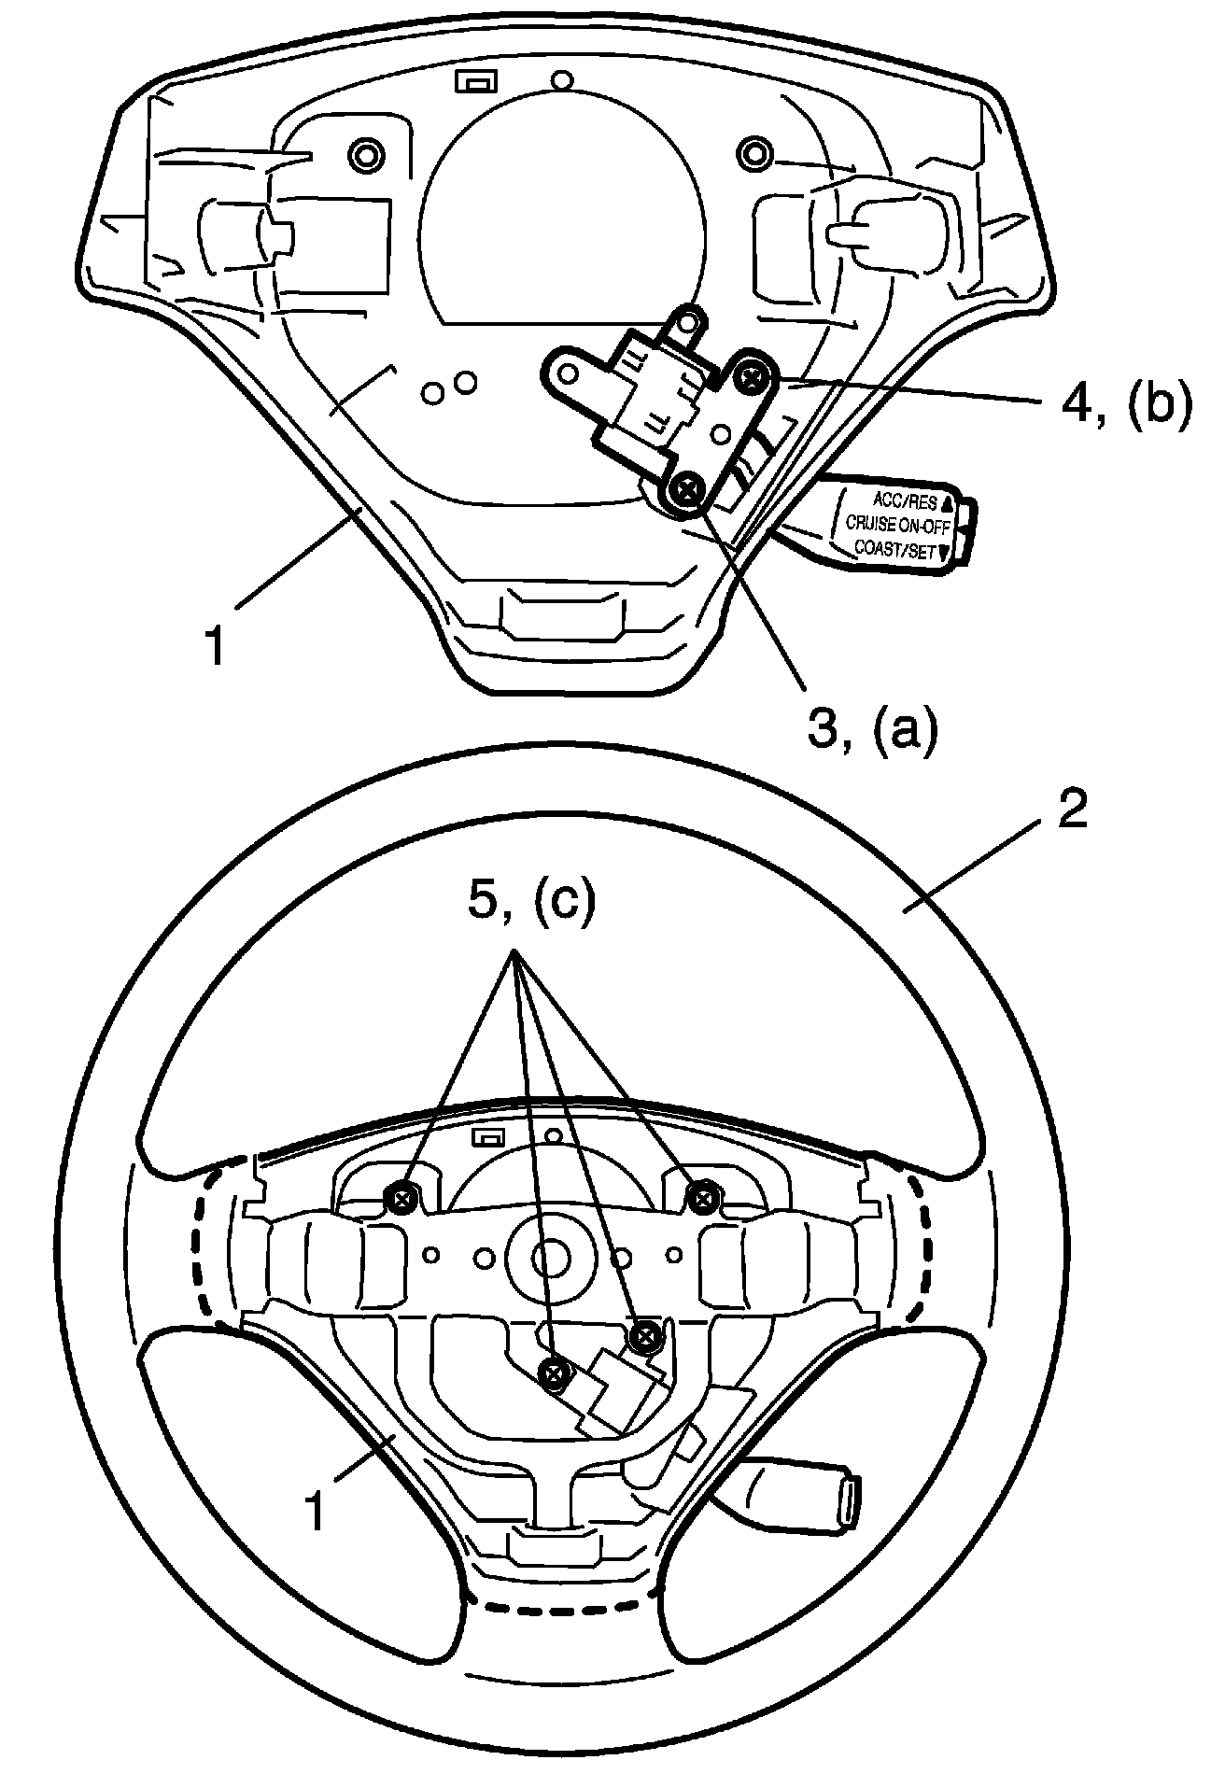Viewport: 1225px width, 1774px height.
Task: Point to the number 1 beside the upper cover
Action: pos(217,645)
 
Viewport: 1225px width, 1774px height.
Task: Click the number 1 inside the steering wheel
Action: pos(318,1511)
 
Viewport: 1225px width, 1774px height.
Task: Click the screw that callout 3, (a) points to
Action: pos(688,487)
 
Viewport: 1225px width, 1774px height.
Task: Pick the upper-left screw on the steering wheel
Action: pos(402,1199)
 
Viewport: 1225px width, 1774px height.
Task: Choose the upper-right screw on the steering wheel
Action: pos(702,1193)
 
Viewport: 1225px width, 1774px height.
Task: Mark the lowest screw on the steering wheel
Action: pos(555,1372)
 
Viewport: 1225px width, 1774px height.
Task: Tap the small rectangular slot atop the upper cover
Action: pos(476,81)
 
